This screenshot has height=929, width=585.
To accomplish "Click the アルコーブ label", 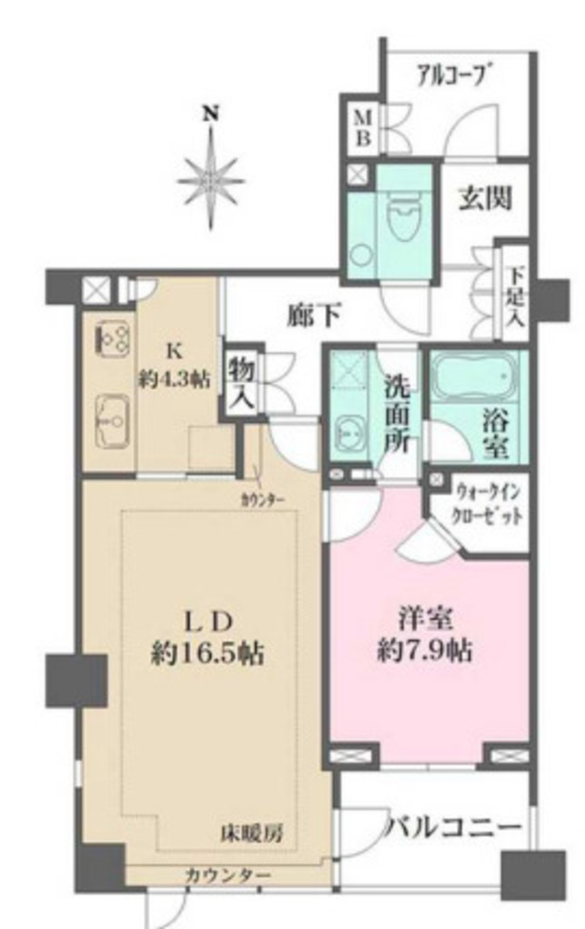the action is [455, 76].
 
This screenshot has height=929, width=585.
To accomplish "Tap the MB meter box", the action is [363, 127].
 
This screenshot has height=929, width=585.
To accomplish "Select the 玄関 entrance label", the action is [485, 199].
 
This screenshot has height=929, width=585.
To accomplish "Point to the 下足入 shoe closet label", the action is [516, 298].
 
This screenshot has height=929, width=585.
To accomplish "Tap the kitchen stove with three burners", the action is [112, 338].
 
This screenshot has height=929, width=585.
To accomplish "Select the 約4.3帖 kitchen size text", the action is [175, 379].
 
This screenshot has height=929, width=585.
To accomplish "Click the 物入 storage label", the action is [241, 383].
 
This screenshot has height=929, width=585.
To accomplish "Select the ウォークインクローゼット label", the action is [487, 504].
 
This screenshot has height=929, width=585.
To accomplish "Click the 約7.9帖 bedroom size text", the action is [424, 652].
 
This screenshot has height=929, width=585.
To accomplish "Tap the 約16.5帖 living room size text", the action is [207, 655].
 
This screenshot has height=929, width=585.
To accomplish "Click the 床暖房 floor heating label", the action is [251, 834].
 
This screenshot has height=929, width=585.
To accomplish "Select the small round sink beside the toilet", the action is [359, 255].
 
